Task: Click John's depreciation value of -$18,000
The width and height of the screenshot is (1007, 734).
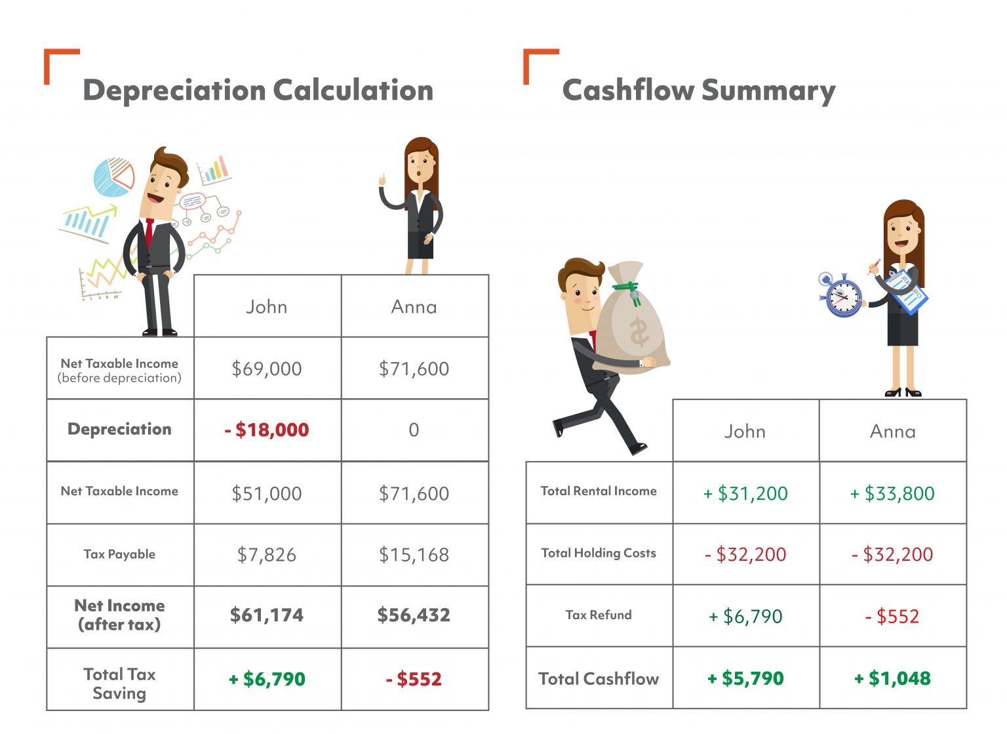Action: (x=267, y=430)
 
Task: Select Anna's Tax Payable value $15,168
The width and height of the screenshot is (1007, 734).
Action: (x=414, y=555)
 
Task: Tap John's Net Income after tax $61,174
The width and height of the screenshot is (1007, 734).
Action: (x=267, y=615)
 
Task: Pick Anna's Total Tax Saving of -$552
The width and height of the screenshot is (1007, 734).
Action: (x=414, y=679)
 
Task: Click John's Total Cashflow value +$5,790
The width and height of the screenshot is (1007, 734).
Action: (x=745, y=678)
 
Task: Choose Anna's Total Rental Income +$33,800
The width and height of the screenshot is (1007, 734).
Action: (x=892, y=493)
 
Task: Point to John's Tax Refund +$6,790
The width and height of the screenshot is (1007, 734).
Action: (x=745, y=617)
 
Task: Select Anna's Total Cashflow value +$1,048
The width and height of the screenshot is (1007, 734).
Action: (x=892, y=678)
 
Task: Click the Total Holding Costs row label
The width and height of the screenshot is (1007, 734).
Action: (x=599, y=553)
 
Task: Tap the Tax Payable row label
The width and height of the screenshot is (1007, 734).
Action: (x=119, y=554)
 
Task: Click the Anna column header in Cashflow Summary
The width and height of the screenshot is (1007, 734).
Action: (x=892, y=432)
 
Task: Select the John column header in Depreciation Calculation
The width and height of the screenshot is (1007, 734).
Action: (x=267, y=307)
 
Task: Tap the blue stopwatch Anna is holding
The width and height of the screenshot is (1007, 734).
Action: (x=842, y=297)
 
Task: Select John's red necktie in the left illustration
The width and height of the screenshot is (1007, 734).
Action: (x=149, y=232)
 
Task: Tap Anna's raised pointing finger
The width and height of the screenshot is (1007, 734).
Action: (x=382, y=178)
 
